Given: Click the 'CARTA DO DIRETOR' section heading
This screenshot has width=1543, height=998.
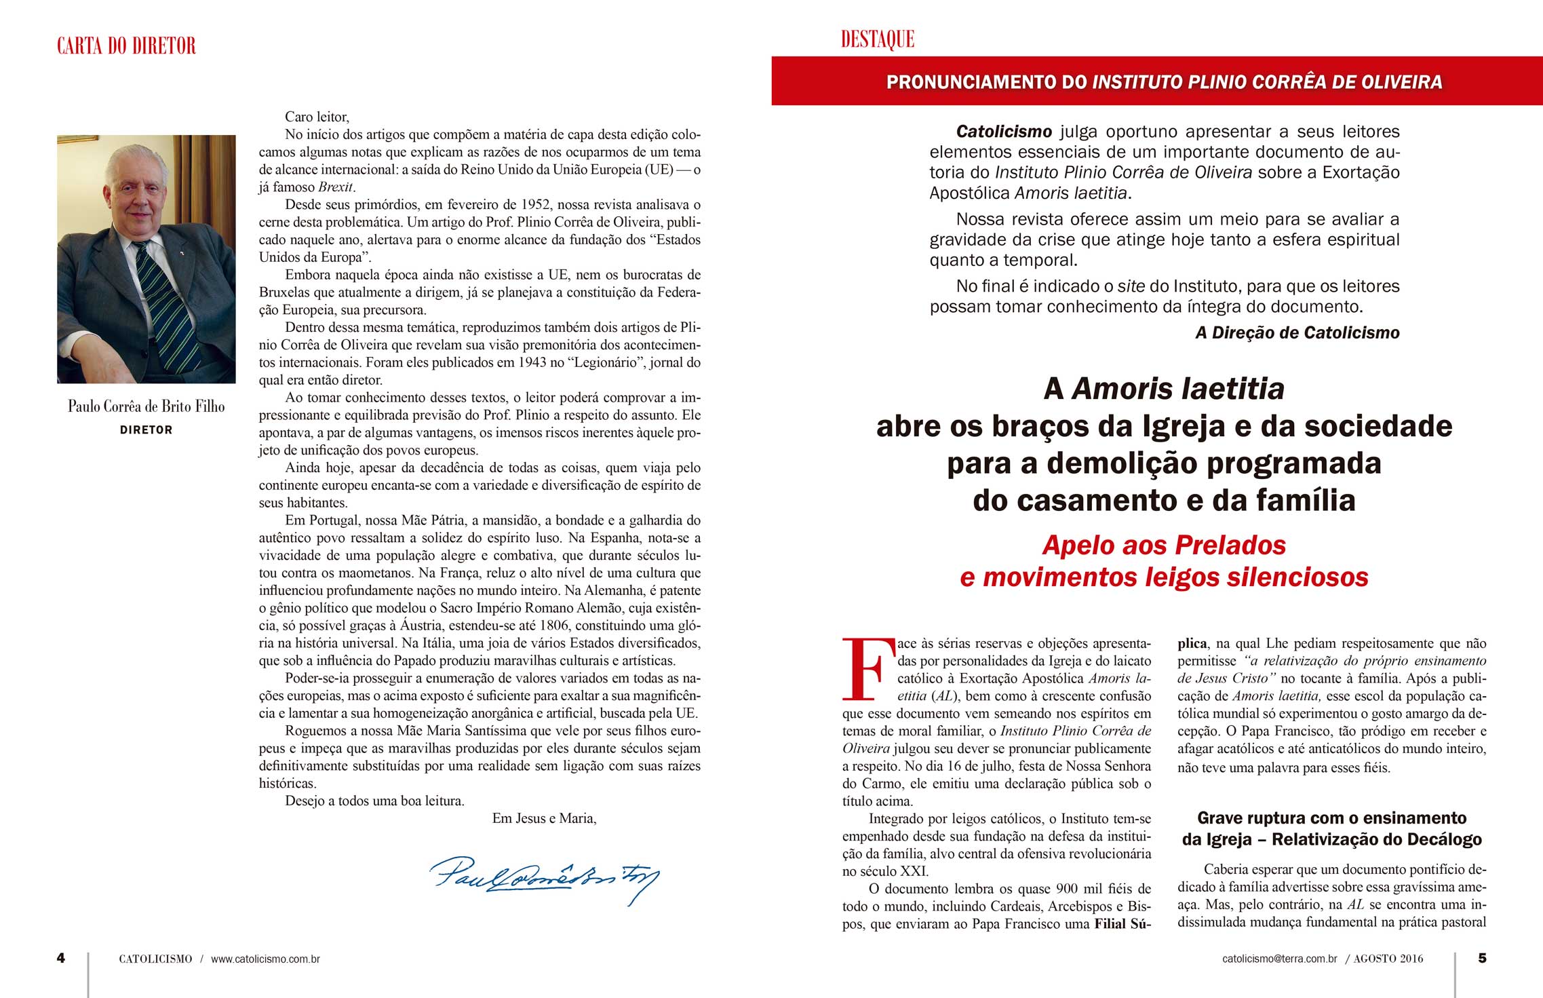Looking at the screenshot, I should tap(126, 46).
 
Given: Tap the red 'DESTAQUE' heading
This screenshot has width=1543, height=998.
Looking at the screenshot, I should tap(877, 39).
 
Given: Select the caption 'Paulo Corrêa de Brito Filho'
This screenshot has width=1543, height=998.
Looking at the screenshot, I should tap(146, 406).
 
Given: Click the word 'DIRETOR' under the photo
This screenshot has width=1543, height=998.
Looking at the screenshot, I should tap(146, 430).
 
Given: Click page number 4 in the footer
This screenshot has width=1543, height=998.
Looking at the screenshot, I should tap(61, 958).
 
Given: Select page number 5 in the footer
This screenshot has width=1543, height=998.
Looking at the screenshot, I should tap(1482, 958).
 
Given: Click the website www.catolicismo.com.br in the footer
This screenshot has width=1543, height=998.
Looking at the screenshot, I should tap(265, 959).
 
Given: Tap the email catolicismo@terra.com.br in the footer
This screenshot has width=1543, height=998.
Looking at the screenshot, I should tap(1280, 959).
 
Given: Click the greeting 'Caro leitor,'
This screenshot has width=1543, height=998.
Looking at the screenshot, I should tap(317, 117).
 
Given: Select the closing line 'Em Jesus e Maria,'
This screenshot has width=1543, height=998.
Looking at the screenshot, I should tap(544, 818).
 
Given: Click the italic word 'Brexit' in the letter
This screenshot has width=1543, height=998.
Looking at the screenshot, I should tap(336, 187).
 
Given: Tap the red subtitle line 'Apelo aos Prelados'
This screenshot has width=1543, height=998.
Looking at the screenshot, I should tap(1164, 545).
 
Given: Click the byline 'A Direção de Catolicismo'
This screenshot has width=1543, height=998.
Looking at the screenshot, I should tap(1297, 332).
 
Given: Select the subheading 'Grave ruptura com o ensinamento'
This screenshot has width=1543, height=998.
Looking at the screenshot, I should tap(1331, 818).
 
